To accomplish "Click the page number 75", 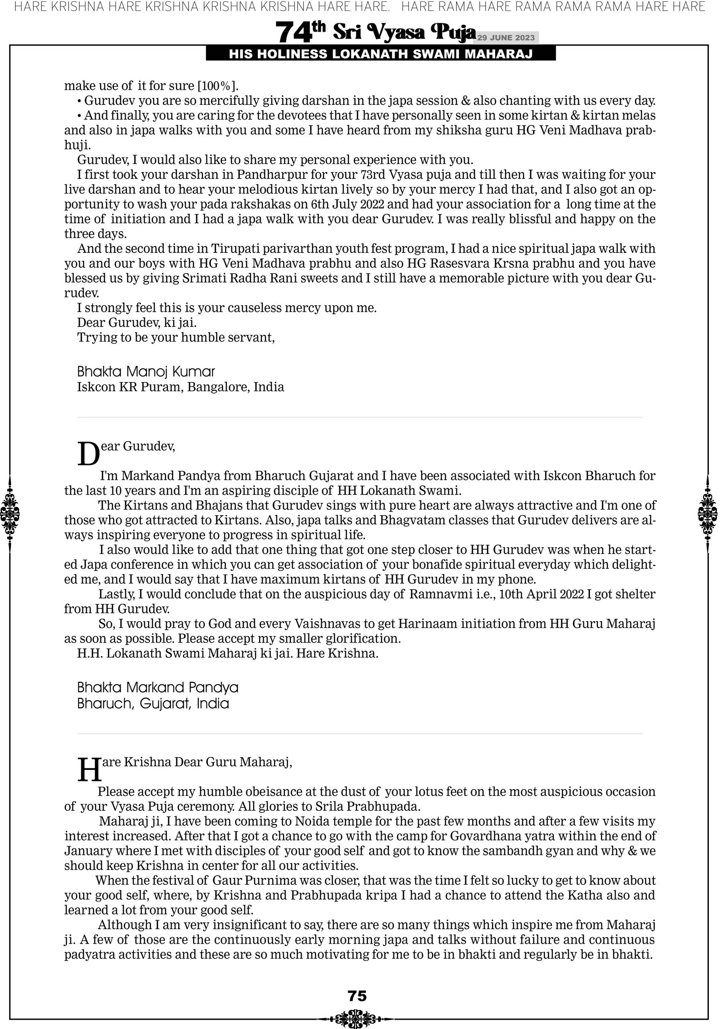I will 357,996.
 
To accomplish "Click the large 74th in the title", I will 300,32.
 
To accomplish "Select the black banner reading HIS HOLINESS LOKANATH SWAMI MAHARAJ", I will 381,54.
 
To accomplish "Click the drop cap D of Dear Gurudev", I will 88,454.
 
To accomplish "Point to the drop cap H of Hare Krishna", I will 89,769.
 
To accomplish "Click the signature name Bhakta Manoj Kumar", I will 146,371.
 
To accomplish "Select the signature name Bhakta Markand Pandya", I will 157,687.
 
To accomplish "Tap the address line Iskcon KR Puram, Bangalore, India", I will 180,387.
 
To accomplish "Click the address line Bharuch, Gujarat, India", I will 153,703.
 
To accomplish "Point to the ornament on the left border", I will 10,513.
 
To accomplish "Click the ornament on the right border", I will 708,513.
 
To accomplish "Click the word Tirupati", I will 238,248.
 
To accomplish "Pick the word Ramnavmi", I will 440,594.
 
